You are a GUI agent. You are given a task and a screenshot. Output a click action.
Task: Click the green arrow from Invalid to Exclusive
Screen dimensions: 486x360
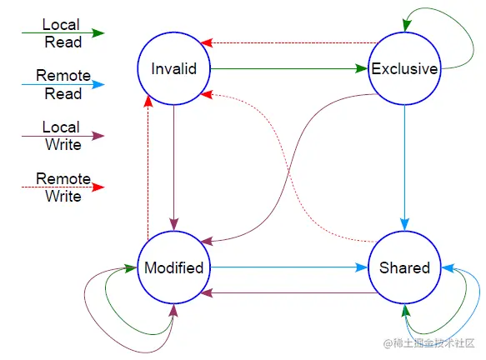289,68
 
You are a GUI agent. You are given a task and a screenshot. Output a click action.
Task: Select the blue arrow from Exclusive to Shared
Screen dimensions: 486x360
404,168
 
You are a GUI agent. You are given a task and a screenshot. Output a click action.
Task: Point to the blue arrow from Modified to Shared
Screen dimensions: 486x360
289,267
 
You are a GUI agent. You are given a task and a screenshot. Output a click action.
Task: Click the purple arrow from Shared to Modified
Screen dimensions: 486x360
289,292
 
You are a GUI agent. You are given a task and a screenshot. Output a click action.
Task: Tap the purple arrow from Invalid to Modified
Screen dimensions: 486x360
174,168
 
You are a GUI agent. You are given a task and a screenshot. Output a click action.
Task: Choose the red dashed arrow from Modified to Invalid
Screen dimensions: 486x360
148,168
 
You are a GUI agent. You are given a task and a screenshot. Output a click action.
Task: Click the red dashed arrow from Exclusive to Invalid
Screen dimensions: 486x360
289,42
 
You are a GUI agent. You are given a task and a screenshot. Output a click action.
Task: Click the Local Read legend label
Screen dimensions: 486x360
62,33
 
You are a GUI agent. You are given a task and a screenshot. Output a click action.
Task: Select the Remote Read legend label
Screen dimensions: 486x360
63,84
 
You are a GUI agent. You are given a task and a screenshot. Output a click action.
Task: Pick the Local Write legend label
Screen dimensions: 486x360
62,136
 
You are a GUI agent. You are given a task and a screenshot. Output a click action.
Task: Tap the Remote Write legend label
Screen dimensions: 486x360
63,187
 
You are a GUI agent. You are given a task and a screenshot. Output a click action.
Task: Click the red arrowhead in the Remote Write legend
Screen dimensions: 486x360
98,187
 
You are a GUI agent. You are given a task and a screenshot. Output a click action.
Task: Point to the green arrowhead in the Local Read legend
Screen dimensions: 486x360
98,32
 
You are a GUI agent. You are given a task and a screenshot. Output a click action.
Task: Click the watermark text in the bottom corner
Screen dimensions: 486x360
429,343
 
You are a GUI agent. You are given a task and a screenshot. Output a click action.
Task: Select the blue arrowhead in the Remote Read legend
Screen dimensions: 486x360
98,84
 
